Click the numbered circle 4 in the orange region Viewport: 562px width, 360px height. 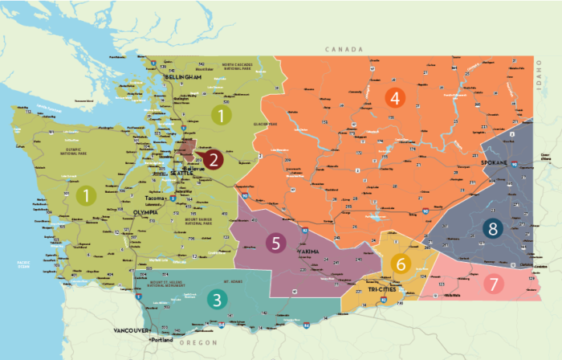pyautogui.click(x=393, y=98)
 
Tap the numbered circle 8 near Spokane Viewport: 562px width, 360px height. pyautogui.click(x=492, y=228)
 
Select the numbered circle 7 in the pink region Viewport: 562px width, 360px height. pyautogui.click(x=495, y=284)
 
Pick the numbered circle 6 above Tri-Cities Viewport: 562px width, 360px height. pyautogui.click(x=401, y=264)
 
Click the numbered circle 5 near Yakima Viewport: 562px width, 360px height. pyautogui.click(x=276, y=243)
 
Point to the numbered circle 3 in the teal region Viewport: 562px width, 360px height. pyautogui.click(x=216, y=300)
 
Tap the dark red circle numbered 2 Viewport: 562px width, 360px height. pyautogui.click(x=213, y=159)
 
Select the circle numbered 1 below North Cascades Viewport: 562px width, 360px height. pyautogui.click(x=220, y=115)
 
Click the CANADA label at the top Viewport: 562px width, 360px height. pyautogui.click(x=344, y=50)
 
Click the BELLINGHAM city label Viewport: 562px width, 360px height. pyautogui.click(x=183, y=76)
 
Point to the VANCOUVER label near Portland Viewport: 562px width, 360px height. pyautogui.click(x=128, y=331)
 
